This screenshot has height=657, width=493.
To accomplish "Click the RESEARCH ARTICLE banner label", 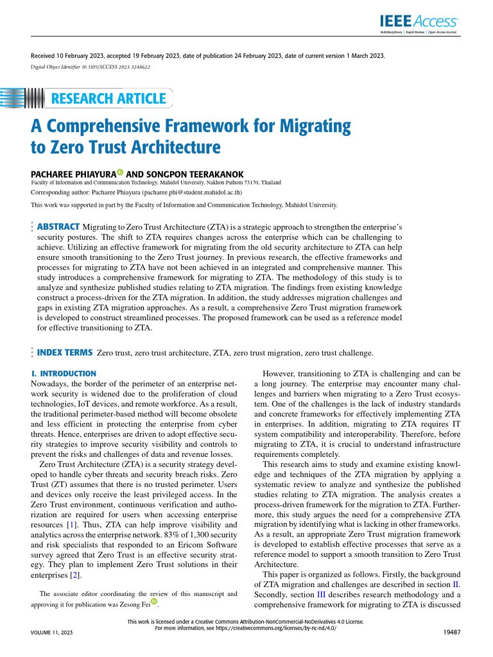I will [x=107, y=98].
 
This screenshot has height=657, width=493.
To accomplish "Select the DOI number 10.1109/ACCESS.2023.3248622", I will [x=113, y=67].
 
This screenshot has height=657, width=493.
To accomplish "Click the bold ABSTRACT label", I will [x=58, y=226].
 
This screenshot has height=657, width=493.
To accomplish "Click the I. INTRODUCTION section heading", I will [x=64, y=373].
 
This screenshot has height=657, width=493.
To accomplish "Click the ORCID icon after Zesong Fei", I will [x=154, y=602].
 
